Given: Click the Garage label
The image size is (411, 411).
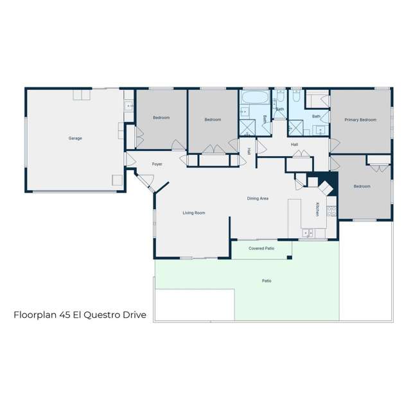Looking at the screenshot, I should click(75, 138).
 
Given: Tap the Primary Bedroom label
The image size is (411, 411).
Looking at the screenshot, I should click(360, 119).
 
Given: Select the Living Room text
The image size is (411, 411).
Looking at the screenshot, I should click(193, 213).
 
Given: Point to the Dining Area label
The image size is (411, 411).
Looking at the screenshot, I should click(258, 198).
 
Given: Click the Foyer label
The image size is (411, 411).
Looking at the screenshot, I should click(157, 164).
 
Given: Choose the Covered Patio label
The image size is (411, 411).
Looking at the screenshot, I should click(261, 248).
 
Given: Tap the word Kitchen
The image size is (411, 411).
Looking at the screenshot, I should click(317, 209).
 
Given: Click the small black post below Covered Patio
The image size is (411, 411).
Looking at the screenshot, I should click(290, 258).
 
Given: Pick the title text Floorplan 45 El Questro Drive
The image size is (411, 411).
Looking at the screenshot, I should click(80, 315).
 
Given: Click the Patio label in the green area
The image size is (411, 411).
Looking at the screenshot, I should click(266, 281).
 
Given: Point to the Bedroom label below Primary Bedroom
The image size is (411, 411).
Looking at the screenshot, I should click(362, 186).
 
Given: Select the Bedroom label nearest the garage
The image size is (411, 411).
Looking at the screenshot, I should click(161, 118).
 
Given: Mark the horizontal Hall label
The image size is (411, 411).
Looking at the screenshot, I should click(294, 144).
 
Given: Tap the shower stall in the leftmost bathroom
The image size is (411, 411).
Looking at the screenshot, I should click(246, 127).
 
